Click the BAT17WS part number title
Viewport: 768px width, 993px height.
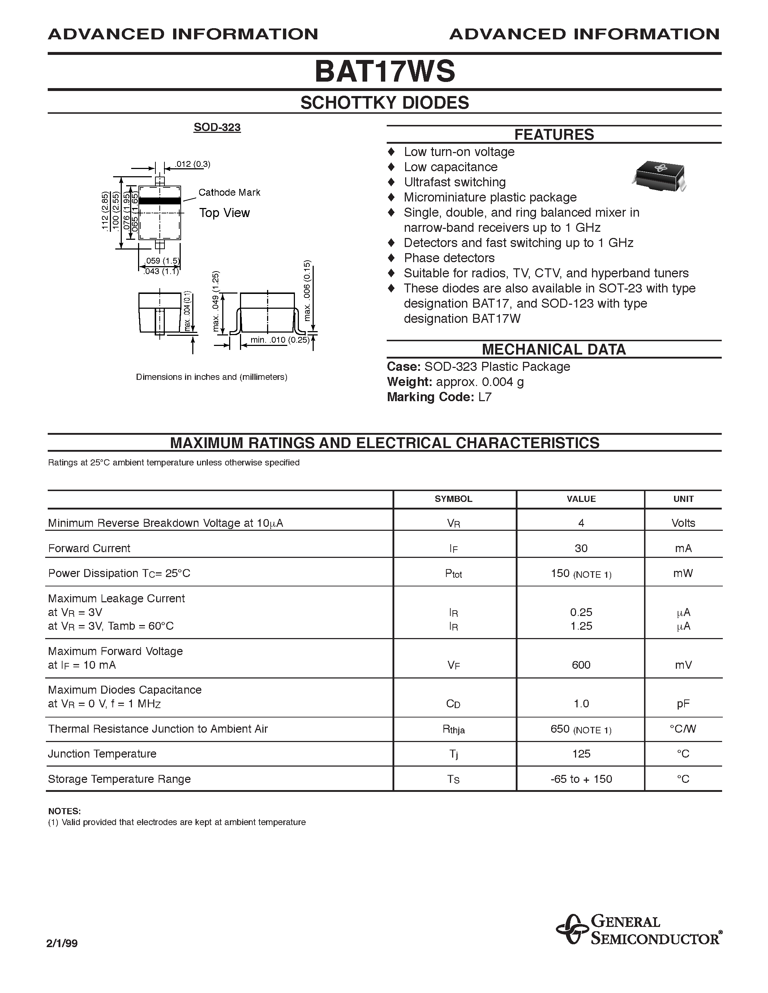(385, 72)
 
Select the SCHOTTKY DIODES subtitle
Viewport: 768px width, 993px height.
(385, 103)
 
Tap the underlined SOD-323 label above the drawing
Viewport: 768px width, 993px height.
(217, 127)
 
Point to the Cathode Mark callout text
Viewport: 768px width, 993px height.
(229, 192)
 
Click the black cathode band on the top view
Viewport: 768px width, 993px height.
(159, 200)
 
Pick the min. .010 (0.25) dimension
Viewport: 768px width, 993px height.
(279, 340)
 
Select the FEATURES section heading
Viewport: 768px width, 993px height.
(554, 135)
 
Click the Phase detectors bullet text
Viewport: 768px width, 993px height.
(449, 258)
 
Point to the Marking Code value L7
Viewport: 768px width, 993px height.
(485, 397)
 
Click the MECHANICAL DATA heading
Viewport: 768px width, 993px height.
(554, 349)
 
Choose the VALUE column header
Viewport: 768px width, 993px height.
(581, 499)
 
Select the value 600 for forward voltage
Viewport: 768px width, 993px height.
(581, 665)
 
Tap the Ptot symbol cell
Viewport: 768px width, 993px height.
(454, 574)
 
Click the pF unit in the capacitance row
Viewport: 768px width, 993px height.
(683, 704)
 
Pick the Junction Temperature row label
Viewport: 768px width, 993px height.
(102, 754)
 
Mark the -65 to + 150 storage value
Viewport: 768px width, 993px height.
(581, 779)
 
